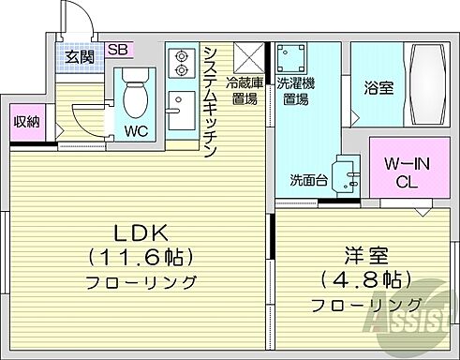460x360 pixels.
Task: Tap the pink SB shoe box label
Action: pyautogui.click(x=118, y=50)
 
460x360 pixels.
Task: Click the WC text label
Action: pyautogui.click(x=137, y=131)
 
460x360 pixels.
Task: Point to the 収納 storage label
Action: pyautogui.click(x=26, y=122)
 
